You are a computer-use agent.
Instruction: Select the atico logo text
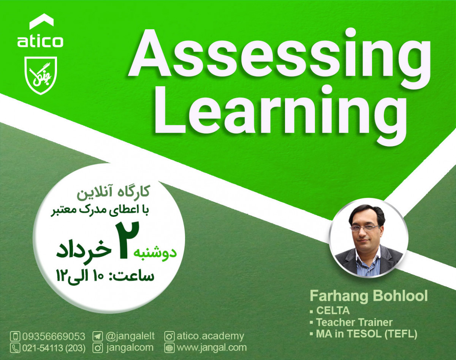[x=40, y=41]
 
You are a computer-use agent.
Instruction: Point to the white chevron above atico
[x=41, y=22]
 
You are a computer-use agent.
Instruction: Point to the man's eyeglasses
[x=364, y=227]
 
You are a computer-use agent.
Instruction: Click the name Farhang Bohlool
[x=369, y=296]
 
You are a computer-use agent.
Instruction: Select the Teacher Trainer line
[x=354, y=322]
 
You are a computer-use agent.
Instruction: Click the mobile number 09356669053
[x=54, y=336]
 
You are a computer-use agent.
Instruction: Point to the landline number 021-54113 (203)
[x=54, y=347]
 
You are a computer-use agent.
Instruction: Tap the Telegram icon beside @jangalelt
[x=98, y=336]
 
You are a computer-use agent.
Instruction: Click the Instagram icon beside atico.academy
[x=169, y=336]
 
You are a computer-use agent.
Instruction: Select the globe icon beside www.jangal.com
[x=169, y=347]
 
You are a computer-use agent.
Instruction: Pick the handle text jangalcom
[x=130, y=347]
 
